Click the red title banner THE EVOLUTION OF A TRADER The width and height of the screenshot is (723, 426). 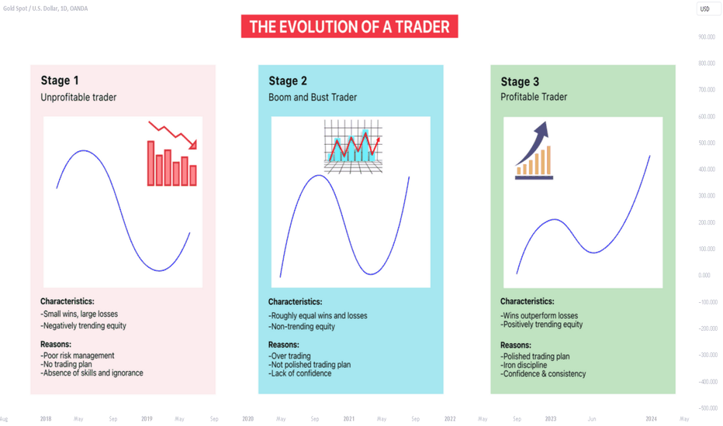click(x=350, y=26)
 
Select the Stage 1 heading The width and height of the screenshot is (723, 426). click(x=60, y=81)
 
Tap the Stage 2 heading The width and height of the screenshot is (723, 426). click(x=288, y=81)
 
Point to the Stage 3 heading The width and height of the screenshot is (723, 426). click(x=520, y=81)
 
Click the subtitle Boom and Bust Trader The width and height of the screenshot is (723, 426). click(x=313, y=97)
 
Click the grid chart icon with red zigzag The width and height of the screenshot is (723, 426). click(x=353, y=146)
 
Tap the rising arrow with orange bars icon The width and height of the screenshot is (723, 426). click(x=534, y=150)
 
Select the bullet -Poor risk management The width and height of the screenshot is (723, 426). click(x=78, y=356)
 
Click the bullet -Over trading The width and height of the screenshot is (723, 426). click(x=289, y=356)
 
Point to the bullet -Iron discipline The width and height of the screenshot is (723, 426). click(x=524, y=366)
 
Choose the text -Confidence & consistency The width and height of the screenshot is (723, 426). click(x=543, y=374)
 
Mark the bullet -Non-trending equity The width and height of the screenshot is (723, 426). click(x=302, y=327)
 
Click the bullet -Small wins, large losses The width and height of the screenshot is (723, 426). click(x=79, y=314)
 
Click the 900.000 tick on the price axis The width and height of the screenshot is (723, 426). click(x=707, y=37)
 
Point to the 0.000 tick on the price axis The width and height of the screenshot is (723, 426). click(x=704, y=276)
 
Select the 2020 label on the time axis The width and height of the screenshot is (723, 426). click(x=248, y=418)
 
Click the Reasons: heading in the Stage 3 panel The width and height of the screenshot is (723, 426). click(x=516, y=345)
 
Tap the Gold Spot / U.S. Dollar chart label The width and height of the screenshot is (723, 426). click(x=45, y=9)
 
